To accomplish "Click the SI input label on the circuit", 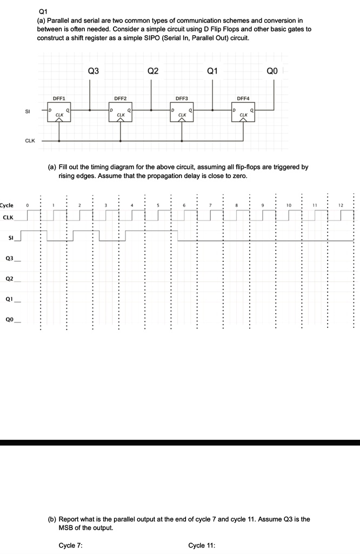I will (27, 111).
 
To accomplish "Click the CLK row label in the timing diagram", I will (8, 217).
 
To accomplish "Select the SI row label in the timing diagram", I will (10, 237).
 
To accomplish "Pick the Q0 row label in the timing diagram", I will (9, 319).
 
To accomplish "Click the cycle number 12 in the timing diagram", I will (340, 206).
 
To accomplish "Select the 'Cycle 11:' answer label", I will (202, 545).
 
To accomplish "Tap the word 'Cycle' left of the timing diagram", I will (6, 206).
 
